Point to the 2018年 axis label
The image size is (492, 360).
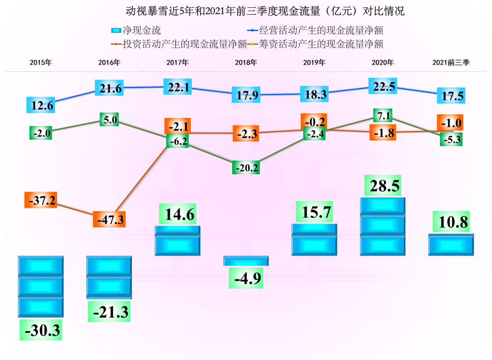click(246, 63)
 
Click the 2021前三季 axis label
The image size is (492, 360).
click(451, 63)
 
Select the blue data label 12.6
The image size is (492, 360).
click(40, 105)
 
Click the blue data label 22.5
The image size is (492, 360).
click(382, 87)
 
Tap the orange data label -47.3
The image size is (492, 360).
click(109, 219)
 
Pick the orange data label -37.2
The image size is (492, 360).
click(40, 200)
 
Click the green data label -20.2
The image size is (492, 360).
click(246, 167)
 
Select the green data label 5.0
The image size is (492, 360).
click(109, 119)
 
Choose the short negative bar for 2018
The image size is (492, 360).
click(246, 261)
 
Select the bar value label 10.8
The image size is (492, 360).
click(451, 222)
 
